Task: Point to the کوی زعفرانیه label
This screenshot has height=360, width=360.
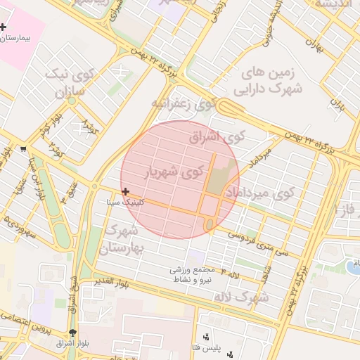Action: coord(183,105)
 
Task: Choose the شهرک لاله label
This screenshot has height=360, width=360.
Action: coord(242,297)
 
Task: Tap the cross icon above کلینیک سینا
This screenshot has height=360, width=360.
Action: coord(125,191)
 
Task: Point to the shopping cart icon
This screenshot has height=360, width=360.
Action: coord(24,148)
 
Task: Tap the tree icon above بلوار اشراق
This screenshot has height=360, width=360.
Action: coord(73,333)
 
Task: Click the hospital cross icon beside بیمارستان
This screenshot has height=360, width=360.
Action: coord(4,26)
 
